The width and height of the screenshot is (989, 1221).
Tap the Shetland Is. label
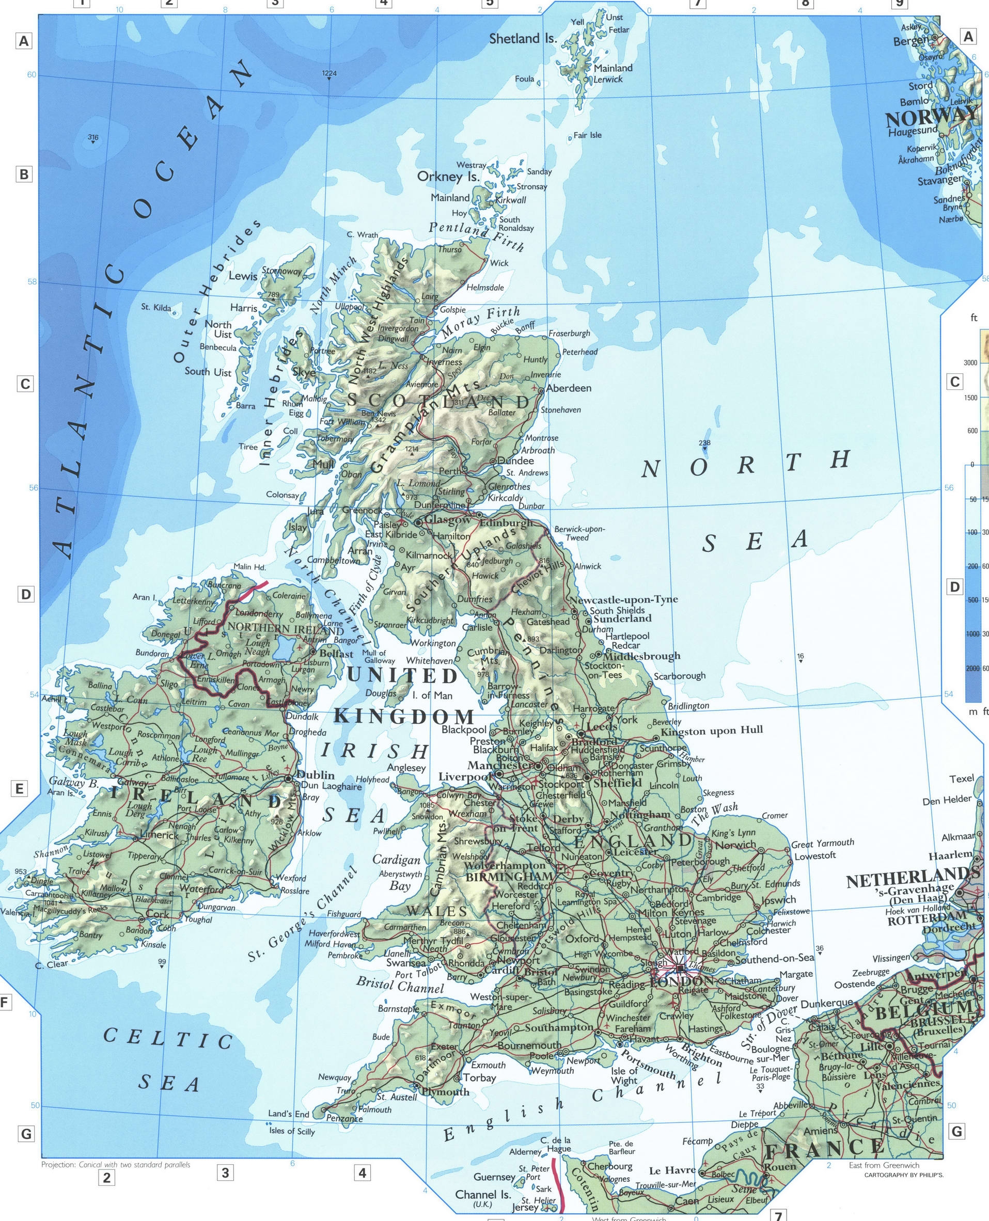tap(523, 39)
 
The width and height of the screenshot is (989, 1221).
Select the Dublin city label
tap(316, 774)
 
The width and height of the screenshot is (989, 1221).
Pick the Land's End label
tap(288, 1114)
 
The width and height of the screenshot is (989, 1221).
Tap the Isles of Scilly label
tap(292, 1131)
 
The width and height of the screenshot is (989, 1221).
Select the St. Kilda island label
tap(155, 308)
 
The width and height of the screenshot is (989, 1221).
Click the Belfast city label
tap(336, 654)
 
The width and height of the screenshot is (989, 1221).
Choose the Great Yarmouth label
tap(822, 843)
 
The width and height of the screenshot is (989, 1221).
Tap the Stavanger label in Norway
tap(939, 181)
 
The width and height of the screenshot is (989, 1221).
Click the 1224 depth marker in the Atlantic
tap(329, 73)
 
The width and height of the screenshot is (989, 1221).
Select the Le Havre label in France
tap(672, 1170)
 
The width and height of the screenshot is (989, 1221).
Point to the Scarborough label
tap(679, 676)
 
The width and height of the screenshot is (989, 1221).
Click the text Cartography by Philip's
tap(904, 1175)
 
